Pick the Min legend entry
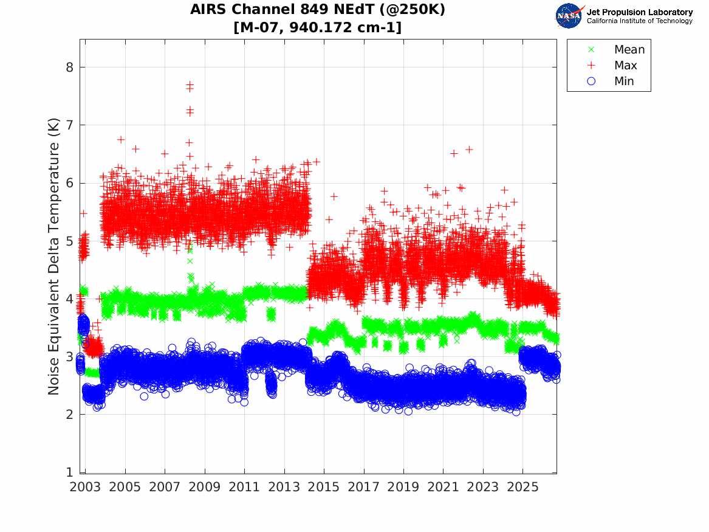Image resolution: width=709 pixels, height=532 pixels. click(x=611, y=81)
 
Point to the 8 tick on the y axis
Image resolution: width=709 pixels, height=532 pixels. click(x=69, y=67)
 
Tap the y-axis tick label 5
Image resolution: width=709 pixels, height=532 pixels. click(x=69, y=241)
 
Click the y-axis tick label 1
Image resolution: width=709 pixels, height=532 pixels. click(x=69, y=472)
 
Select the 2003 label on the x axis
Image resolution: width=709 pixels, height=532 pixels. click(x=85, y=487)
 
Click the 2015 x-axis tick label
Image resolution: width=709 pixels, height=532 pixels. click(x=324, y=487)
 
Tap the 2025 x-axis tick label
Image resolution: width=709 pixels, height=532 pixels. click(x=522, y=487)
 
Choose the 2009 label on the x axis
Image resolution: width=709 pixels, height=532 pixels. click(x=204, y=487)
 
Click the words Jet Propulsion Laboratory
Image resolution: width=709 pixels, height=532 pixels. click(x=640, y=12)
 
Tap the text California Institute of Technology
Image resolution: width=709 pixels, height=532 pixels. click(x=640, y=21)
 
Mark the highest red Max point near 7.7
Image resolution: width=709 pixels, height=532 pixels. click(x=190, y=84)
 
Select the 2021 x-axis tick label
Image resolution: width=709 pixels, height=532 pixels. click(x=443, y=487)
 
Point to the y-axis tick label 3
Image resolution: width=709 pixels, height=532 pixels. click(x=69, y=356)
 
